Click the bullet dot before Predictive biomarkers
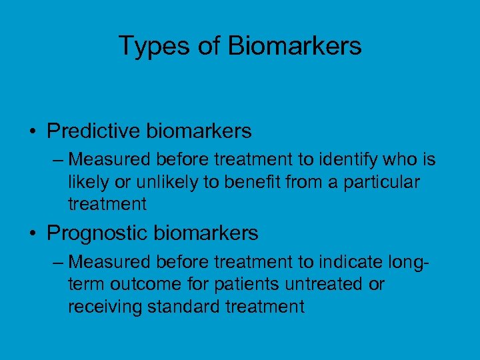coord(33,132)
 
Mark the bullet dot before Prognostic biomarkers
coord(33,234)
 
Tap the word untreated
coord(323,285)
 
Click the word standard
coord(186,307)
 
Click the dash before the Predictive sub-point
coord(58,161)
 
